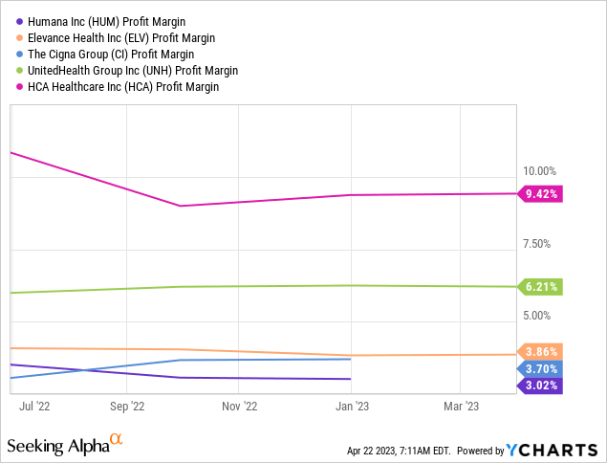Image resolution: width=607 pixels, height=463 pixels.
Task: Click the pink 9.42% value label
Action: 541,194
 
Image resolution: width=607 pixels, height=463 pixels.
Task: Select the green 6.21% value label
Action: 541,286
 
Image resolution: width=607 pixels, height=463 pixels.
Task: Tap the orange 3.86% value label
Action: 541,351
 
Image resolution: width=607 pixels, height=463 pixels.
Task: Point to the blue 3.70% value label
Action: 541,368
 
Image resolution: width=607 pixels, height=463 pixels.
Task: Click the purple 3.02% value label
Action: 541,386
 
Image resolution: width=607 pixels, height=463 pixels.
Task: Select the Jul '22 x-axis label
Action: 34,406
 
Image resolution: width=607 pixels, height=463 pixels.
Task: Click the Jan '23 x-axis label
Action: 352,406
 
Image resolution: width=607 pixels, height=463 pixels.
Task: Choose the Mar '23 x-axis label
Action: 461,406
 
